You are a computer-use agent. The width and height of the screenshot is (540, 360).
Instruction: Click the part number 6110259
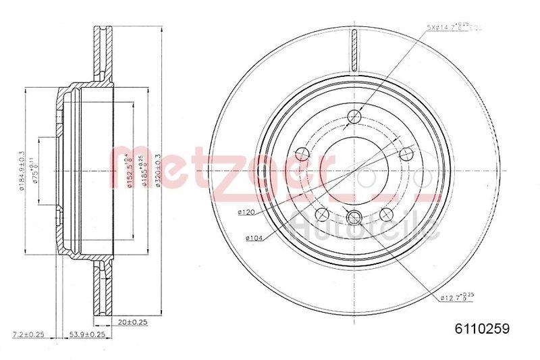coord(480,328)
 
